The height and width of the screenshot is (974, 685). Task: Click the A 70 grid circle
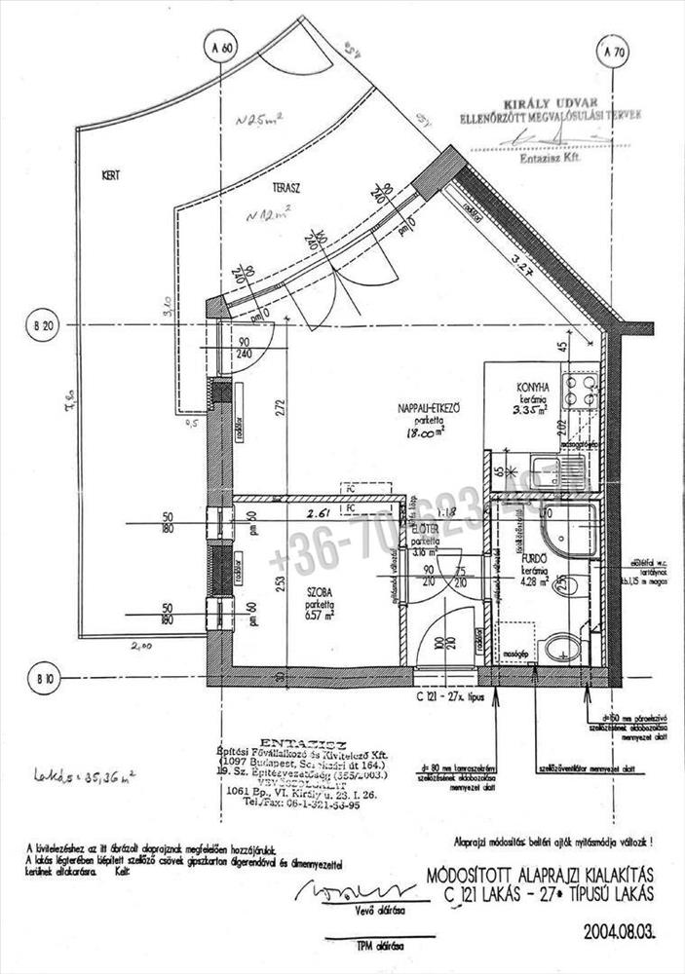(x=613, y=52)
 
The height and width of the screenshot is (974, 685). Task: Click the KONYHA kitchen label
(x=534, y=386)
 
